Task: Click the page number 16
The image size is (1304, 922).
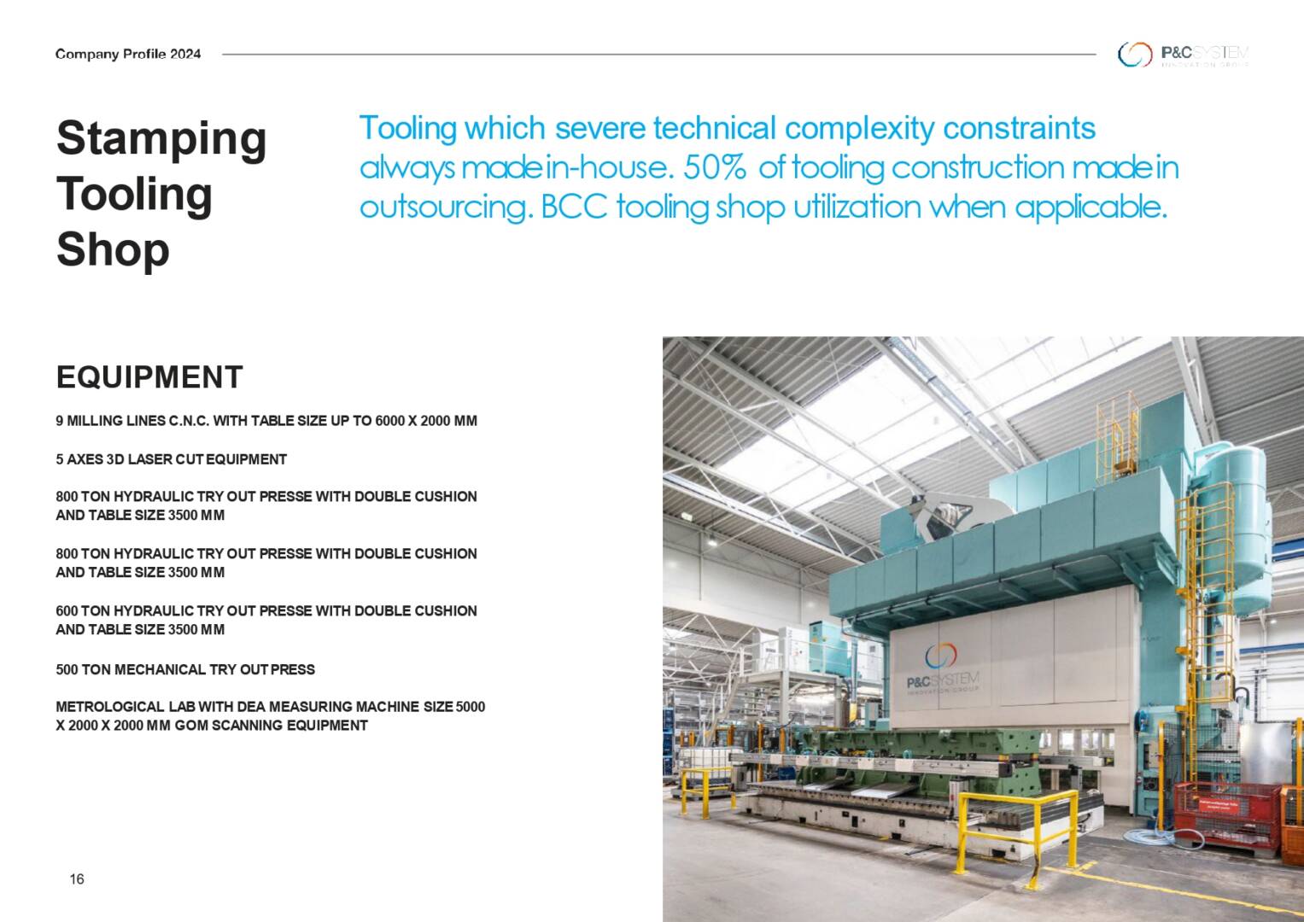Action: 77,879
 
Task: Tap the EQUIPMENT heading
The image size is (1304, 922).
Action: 149,377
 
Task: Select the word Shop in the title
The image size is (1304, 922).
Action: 113,249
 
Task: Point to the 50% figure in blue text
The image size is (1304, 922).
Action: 714,167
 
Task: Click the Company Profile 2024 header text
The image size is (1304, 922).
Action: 128,54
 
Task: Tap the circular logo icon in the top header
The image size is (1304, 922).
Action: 1135,55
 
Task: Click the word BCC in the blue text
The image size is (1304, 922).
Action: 574,207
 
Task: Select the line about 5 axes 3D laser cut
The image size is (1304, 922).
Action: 171,460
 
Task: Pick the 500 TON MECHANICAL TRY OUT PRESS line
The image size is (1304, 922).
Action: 185,669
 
